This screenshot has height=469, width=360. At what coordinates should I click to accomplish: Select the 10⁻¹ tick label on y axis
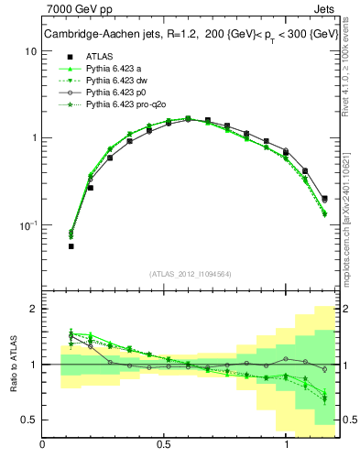28,224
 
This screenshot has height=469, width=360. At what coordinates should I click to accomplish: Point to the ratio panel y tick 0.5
30,420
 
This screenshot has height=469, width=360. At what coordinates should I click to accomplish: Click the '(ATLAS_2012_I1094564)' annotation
191,272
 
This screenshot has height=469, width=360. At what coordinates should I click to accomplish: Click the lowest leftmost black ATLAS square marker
71,246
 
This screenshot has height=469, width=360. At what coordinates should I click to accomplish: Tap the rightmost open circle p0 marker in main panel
325,198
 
